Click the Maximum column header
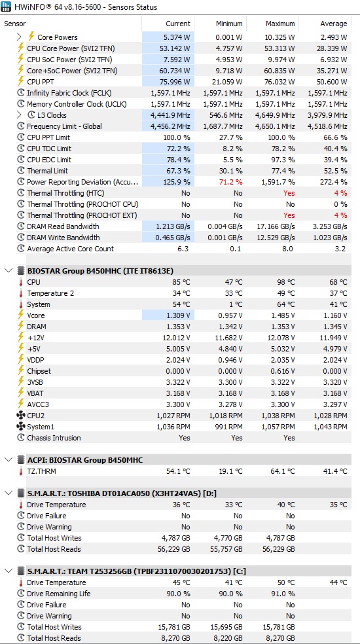click(x=280, y=24)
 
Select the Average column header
click(x=334, y=24)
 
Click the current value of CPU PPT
click(x=175, y=82)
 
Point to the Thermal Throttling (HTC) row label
click(x=65, y=193)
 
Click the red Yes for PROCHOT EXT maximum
click(x=289, y=215)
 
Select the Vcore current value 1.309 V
click(x=178, y=315)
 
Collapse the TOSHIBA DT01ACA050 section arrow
click(x=9, y=493)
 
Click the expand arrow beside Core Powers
click(x=19, y=37)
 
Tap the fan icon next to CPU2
click(x=20, y=416)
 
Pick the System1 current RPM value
click(x=173, y=427)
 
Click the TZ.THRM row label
click(x=41, y=471)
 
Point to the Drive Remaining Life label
click(x=59, y=594)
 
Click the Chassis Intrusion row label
click(x=54, y=438)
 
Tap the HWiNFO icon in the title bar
click(x=6, y=7)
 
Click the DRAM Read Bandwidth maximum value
click(x=275, y=226)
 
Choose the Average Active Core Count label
click(x=70, y=249)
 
